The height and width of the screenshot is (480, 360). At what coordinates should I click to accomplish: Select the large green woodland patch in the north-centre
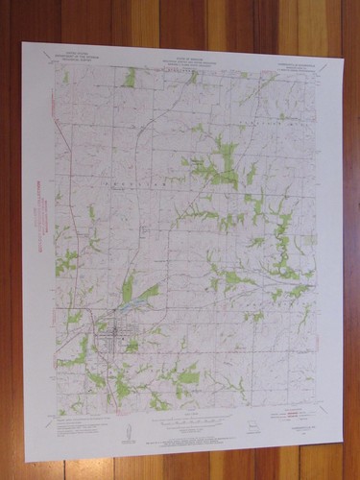click(223, 163)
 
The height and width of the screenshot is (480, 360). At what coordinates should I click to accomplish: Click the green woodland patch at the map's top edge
click(129, 77)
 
